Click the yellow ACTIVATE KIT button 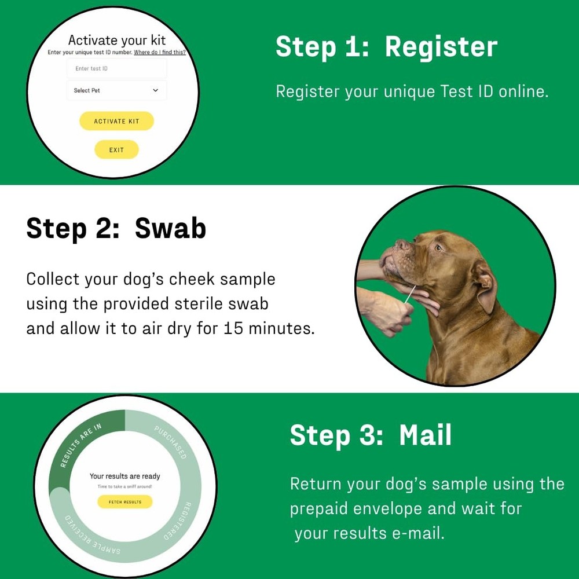tap(116, 121)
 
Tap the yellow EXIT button tap(116, 150)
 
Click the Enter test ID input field tap(116, 68)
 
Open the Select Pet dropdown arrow tap(155, 90)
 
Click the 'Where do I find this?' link tap(159, 52)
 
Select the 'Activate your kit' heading tap(116, 40)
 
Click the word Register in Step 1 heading tap(441, 47)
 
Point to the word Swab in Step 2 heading tap(170, 228)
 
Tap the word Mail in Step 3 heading tap(425, 435)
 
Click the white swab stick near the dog tap(409, 295)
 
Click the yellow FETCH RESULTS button tap(124, 502)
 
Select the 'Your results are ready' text tap(124, 476)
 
